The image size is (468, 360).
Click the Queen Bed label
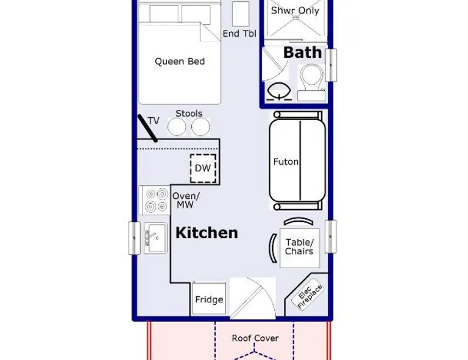pyautogui.click(x=180, y=61)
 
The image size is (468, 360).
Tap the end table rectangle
pyautogui.click(x=241, y=14)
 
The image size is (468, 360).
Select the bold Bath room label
pyautogui.click(x=303, y=52)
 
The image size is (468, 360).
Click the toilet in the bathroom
pyautogui.click(x=312, y=82)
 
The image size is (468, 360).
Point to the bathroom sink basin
pyautogui.click(x=279, y=91)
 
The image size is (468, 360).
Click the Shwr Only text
pyautogui.click(x=295, y=11)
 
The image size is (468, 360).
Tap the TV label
pyautogui.click(x=154, y=121)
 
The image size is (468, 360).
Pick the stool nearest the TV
pyautogui.click(x=177, y=127)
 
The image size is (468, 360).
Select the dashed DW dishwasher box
pyautogui.click(x=203, y=168)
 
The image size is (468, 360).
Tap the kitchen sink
pyautogui.click(x=156, y=238)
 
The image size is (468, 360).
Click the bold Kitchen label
pyautogui.click(x=206, y=233)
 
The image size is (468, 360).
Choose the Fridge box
pyautogui.click(x=209, y=299)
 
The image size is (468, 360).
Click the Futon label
pyautogui.click(x=286, y=162)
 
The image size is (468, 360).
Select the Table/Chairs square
pyautogui.click(x=300, y=248)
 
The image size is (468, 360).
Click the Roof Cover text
pyautogui.click(x=255, y=338)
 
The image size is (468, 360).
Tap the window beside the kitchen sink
pyautogui.click(x=134, y=238)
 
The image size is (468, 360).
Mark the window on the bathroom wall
pyautogui.click(x=331, y=65)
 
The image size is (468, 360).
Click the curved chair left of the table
pyautogui.click(x=273, y=248)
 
